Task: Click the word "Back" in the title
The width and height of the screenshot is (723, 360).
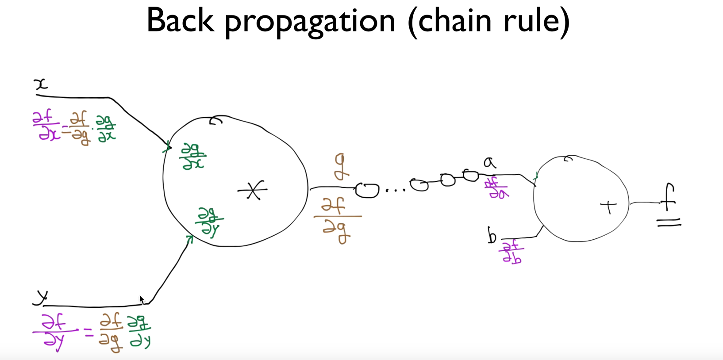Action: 180,20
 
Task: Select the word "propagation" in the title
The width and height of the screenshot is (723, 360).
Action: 310,22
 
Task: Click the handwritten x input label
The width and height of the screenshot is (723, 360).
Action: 41,84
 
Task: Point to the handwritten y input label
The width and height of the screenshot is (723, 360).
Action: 41,297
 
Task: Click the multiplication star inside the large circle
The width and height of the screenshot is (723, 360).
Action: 253,190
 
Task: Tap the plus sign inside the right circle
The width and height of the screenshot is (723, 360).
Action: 609,206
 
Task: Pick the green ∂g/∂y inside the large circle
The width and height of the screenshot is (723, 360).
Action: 209,222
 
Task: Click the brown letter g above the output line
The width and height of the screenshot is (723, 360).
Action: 340,167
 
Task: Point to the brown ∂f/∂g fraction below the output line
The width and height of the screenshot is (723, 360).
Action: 337,220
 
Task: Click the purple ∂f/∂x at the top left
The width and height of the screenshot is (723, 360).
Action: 46,126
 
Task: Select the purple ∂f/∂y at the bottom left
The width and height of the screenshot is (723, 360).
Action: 55,332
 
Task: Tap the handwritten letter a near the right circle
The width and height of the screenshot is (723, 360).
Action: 489,163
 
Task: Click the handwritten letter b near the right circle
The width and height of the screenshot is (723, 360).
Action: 492,235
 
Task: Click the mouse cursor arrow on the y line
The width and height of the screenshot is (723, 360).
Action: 142,300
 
